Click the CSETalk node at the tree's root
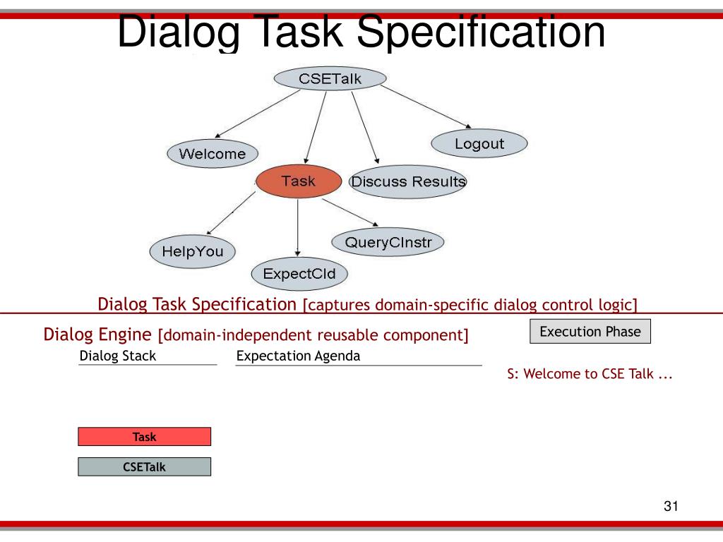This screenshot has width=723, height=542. (x=330, y=78)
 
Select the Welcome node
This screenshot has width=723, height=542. (x=213, y=154)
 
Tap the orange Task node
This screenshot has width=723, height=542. (x=298, y=181)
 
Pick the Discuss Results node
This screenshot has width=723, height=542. (x=408, y=181)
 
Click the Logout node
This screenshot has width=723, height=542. (x=479, y=144)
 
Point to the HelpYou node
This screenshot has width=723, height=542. (x=192, y=251)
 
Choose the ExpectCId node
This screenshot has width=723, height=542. (x=299, y=273)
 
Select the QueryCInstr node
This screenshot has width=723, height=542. (x=388, y=243)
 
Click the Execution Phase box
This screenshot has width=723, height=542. (x=590, y=332)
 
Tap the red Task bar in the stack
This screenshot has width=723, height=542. (x=144, y=437)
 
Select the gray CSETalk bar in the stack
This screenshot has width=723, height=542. (x=144, y=466)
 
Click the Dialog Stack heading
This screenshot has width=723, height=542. (x=118, y=356)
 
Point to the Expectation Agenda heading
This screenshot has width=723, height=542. (x=298, y=356)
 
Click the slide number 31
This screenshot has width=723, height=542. (x=671, y=507)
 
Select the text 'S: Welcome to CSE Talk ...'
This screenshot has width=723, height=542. (x=590, y=375)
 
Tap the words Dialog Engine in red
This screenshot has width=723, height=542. (x=97, y=334)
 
